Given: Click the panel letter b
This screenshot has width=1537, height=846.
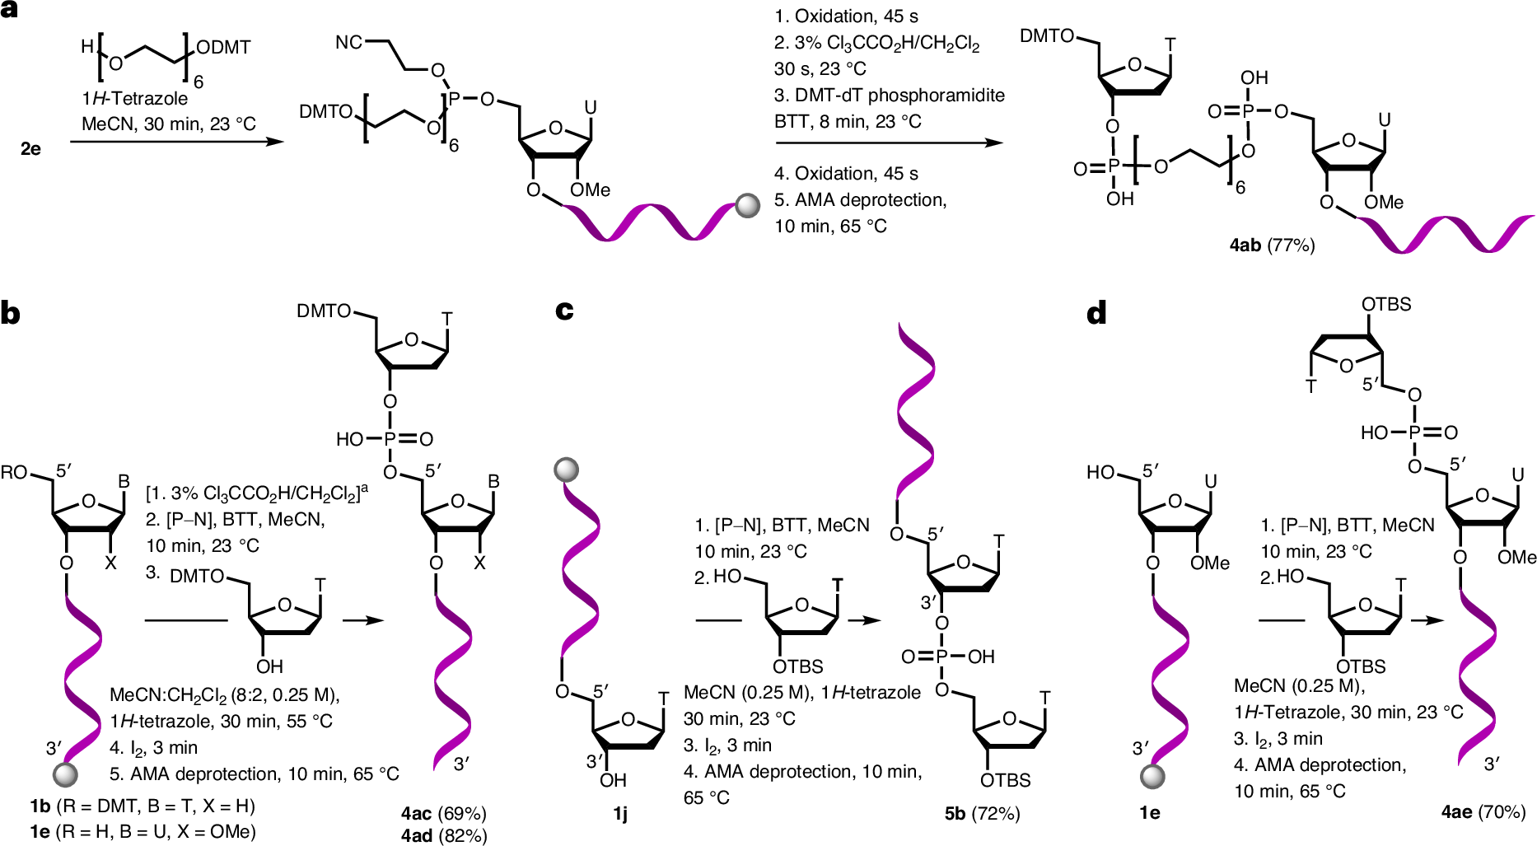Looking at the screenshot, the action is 10,313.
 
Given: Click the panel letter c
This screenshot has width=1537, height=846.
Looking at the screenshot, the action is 564,311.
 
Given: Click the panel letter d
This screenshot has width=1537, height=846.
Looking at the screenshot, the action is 1096,313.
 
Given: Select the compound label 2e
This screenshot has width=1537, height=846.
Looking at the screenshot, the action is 30,148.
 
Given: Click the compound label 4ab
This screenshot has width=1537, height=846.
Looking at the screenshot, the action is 1245,245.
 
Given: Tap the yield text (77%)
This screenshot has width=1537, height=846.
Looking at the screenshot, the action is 1291,245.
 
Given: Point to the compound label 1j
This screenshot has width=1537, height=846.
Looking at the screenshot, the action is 619,814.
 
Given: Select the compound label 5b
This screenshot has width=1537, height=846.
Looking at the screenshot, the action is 955,814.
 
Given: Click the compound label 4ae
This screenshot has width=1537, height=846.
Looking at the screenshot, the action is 1456,812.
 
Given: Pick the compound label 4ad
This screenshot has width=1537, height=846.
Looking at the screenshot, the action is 417,836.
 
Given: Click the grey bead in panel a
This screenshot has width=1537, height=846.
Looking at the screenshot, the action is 747,205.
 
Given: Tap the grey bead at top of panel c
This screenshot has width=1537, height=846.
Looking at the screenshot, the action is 566,470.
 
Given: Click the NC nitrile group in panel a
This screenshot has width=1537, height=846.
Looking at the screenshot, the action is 348,42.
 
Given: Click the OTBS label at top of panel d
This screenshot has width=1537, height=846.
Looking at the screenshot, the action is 1386,304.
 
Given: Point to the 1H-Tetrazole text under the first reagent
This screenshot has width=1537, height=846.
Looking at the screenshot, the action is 134,98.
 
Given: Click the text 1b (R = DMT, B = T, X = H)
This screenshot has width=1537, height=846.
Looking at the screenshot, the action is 142,806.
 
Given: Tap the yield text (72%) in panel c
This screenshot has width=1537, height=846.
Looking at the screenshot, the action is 996,814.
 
